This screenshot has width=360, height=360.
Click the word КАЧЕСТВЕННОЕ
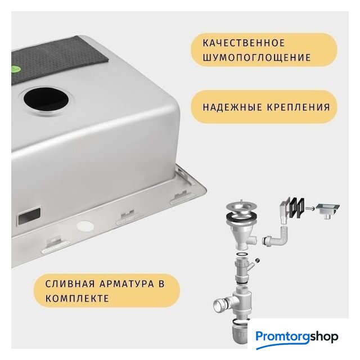244,43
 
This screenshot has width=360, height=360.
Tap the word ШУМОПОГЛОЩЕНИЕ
256,57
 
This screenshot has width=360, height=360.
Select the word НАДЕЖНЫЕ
232,107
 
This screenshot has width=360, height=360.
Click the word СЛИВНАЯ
70,284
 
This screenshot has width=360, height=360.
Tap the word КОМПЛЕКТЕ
77,299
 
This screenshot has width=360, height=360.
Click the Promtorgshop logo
297,337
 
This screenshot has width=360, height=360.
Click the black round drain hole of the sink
46,100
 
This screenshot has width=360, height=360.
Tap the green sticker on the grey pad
14,69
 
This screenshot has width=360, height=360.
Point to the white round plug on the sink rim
85,226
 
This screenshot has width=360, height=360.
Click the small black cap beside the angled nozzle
258,260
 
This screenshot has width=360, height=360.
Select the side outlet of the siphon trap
221,305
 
